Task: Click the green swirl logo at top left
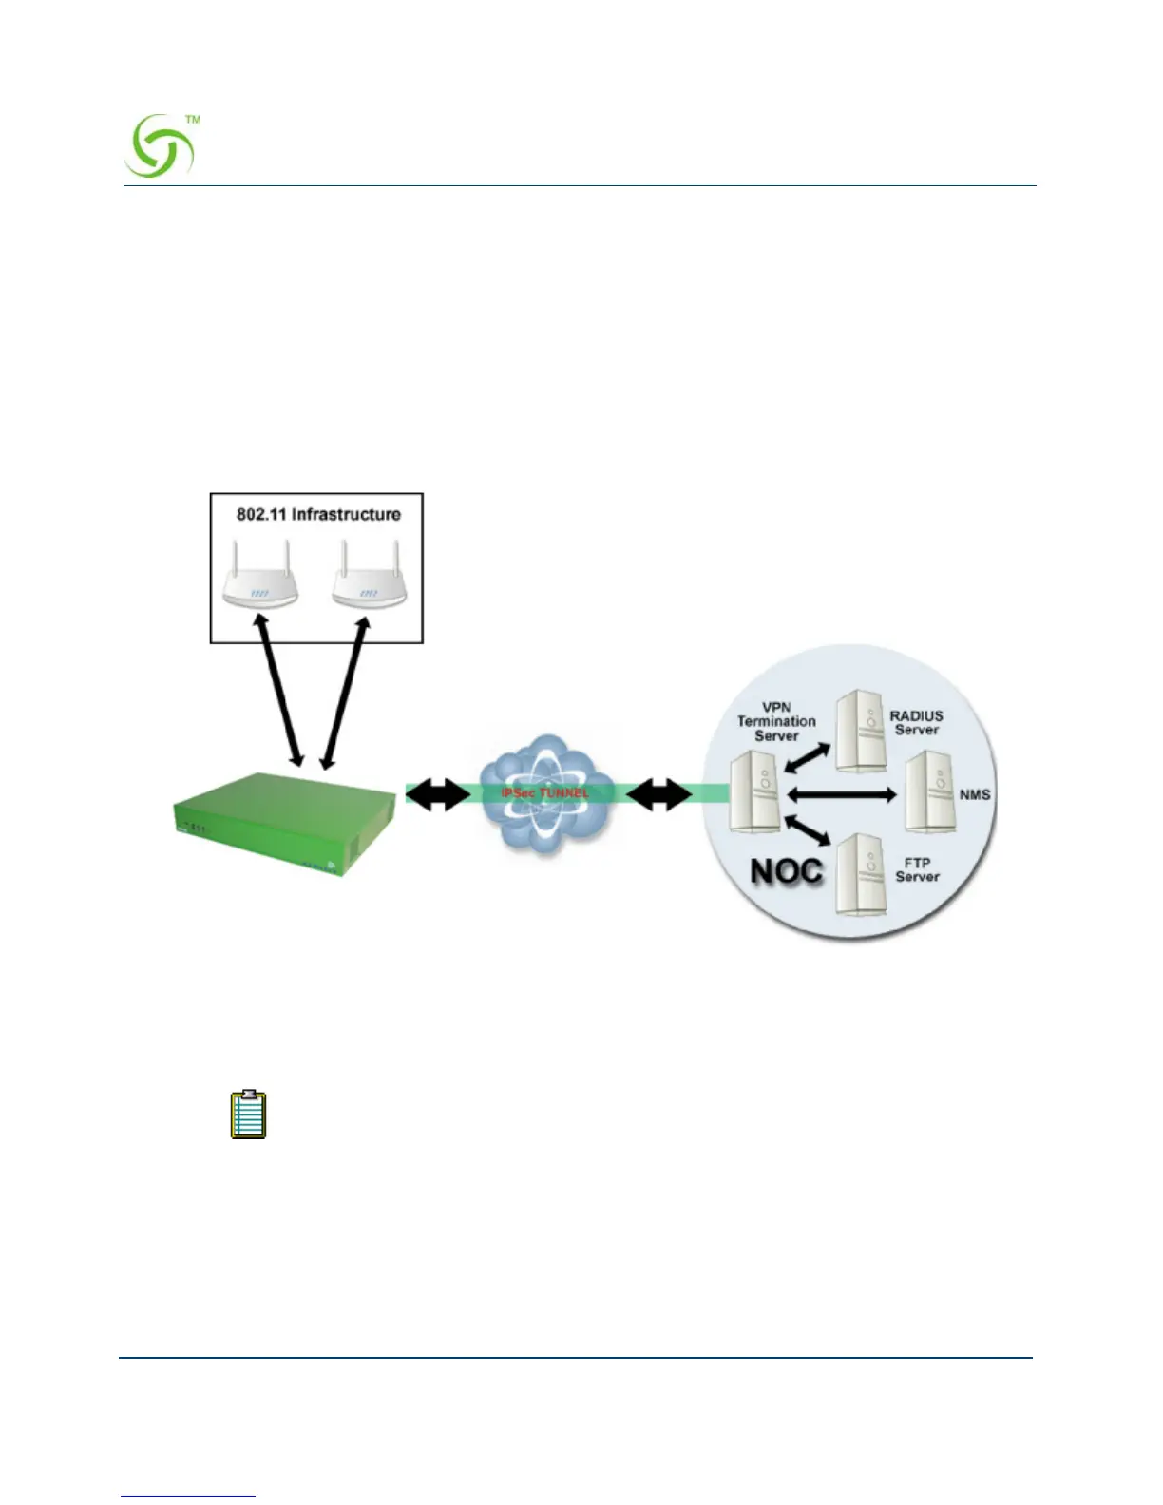pos(161,146)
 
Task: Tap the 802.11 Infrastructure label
pos(318,514)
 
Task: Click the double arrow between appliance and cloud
pos(437,795)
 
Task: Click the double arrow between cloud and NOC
pos(659,795)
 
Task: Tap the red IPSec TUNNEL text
pos(545,792)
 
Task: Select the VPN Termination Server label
pos(776,721)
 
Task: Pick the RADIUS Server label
pos(916,723)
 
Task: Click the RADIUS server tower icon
pos(860,731)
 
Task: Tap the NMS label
pos(975,794)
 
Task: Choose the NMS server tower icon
pos(928,792)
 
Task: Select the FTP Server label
pos(917,869)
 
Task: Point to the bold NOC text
pos(786,871)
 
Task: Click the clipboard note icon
pos(249,1114)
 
